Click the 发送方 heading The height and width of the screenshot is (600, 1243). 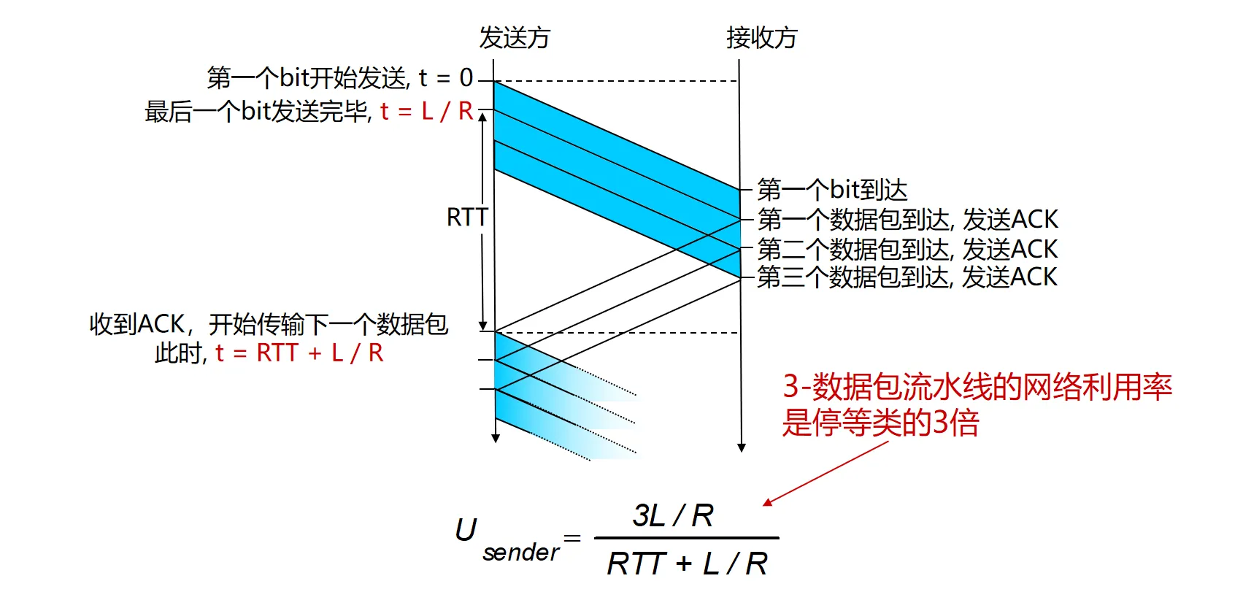(514, 37)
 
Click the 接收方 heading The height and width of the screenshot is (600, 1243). (761, 37)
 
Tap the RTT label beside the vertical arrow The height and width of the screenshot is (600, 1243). (466, 218)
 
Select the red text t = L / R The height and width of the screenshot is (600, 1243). (426, 111)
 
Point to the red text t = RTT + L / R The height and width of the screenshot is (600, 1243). (299, 353)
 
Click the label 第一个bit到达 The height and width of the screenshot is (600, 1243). (832, 190)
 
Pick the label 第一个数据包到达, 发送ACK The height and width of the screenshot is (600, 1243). (907, 219)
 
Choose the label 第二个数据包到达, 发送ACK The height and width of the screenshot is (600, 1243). (907, 249)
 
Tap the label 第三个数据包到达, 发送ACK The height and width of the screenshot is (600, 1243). (907, 277)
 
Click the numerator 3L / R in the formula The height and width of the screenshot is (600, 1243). (673, 515)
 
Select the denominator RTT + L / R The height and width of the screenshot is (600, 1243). (687, 564)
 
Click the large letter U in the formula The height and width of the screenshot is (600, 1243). (466, 531)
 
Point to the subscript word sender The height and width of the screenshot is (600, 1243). (520, 553)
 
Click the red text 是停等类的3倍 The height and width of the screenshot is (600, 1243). (880, 423)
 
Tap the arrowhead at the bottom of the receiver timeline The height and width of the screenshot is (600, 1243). (742, 447)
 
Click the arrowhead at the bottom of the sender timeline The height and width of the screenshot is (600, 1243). (496, 438)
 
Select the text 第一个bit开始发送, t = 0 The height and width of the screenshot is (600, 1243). (339, 77)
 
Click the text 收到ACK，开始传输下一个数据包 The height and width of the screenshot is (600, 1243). (269, 324)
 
